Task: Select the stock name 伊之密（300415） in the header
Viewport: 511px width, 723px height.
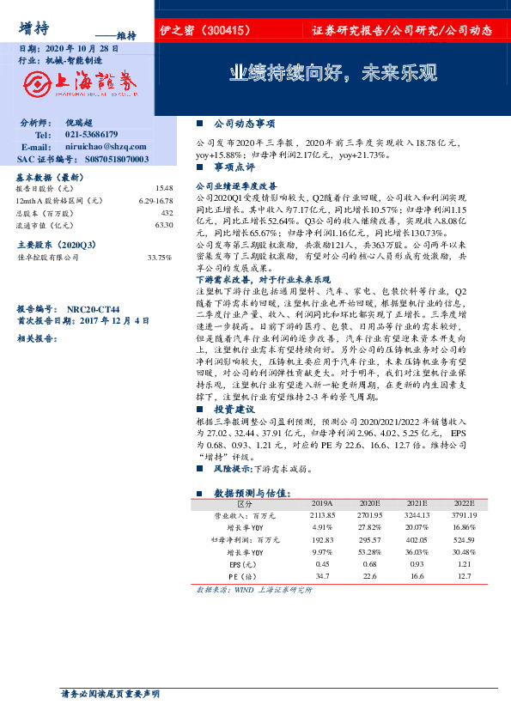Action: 204,30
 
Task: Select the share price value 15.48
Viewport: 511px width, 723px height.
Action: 164,187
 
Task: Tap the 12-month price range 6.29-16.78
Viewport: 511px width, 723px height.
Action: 155,199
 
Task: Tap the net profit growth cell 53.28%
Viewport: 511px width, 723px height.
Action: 369,552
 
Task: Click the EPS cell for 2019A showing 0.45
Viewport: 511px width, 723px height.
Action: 323,564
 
